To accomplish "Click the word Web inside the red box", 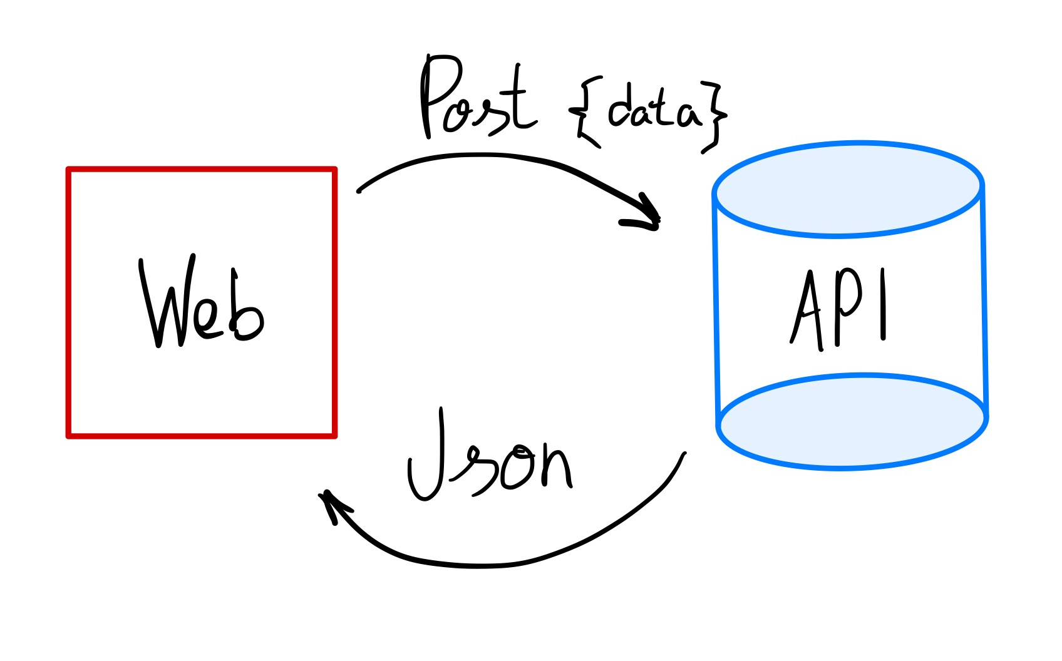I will pos(200,304).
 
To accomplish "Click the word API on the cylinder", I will pos(839,310).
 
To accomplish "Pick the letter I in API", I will pos(883,305).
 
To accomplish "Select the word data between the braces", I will pos(654,113).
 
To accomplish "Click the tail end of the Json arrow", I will pos(684,454).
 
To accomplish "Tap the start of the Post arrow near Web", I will pos(359,190).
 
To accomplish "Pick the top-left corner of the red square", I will pos(69,170).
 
